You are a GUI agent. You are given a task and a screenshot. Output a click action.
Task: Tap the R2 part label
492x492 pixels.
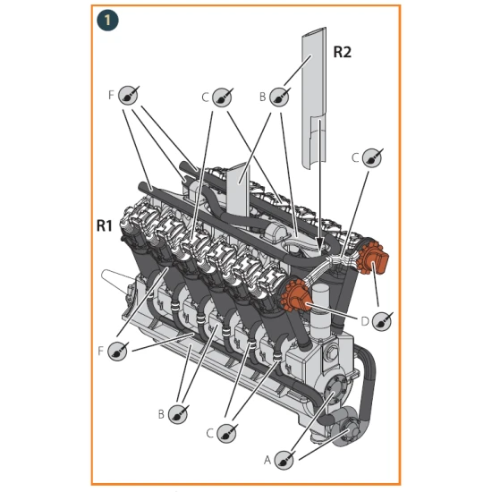[x=343, y=52]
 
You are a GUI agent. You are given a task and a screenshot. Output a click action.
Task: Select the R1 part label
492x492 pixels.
[x=104, y=226]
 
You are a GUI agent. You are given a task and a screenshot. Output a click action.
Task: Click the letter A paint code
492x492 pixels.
[x=267, y=459]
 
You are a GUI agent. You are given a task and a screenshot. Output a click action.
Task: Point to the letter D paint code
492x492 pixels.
[x=364, y=319]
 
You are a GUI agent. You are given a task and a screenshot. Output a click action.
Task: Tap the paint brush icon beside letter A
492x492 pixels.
[x=284, y=460]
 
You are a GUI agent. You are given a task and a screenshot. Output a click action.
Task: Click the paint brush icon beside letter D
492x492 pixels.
[x=382, y=320]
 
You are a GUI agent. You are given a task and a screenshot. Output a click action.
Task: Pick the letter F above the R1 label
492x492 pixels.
[x=112, y=93]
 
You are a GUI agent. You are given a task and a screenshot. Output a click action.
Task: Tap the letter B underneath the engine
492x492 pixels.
[x=161, y=414]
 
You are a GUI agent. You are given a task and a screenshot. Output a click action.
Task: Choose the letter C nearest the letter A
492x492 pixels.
[x=209, y=433]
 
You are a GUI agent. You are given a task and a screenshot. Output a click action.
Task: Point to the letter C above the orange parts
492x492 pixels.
[x=355, y=157]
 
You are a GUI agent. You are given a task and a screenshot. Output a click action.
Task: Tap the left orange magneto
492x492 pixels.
[x=298, y=298]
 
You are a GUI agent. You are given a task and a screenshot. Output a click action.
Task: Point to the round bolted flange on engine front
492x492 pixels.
[x=334, y=386]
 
